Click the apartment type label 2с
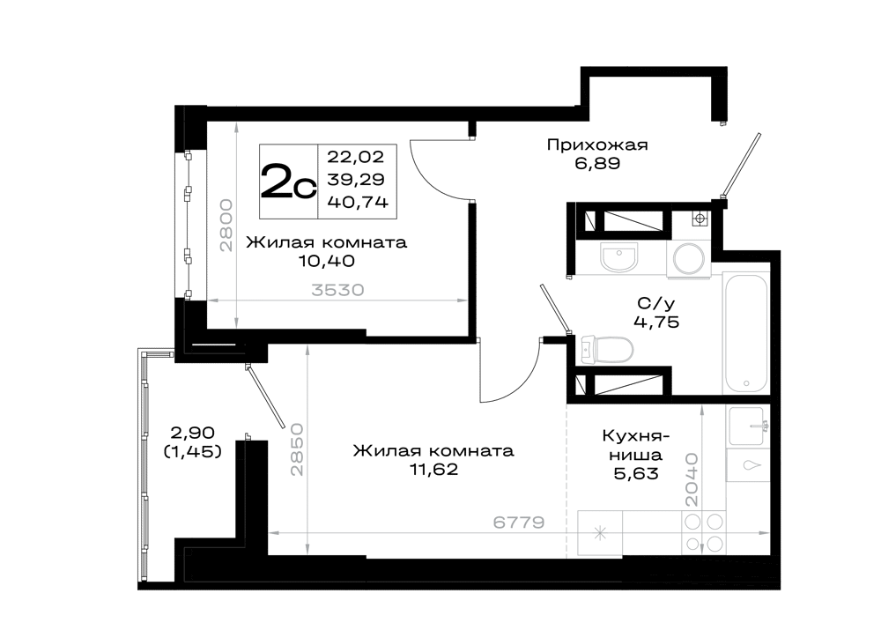(289, 181)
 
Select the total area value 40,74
(358, 203)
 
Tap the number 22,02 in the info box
(356, 156)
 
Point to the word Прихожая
(597, 145)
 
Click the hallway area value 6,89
(597, 164)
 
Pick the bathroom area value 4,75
(656, 322)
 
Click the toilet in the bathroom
(606, 350)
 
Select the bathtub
(745, 334)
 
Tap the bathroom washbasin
(618, 257)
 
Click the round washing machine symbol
(689, 259)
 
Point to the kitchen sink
(746, 426)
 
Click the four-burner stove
(703, 533)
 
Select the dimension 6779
(519, 523)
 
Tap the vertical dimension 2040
(692, 479)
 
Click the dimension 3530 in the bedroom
(337, 291)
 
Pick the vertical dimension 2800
(226, 225)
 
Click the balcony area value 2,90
(192, 433)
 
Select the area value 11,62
(433, 470)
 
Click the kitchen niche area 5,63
(636, 474)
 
